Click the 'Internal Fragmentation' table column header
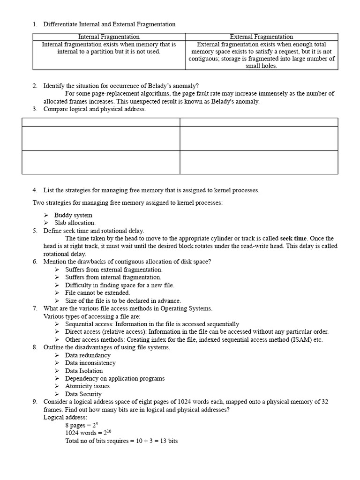pyautogui.click(x=109, y=37)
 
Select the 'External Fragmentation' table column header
pyautogui.click(x=262, y=37)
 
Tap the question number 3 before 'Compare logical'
pyautogui.click(x=35, y=109)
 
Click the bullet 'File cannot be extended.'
pyautogui.click(x=97, y=293)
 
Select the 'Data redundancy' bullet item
pyautogui.click(x=88, y=355)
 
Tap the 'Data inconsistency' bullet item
pyautogui.click(x=90, y=363)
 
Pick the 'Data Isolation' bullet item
pyautogui.click(x=84, y=371)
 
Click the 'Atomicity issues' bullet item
pyautogui.click(x=87, y=386)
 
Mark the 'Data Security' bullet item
pyautogui.click(x=83, y=394)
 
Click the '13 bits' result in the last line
pyautogui.click(x=168, y=441)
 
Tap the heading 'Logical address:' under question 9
pyautogui.click(x=65, y=417)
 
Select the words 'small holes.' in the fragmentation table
pyautogui.click(x=262, y=66)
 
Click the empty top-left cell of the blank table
pyautogui.click(x=101, y=122)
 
